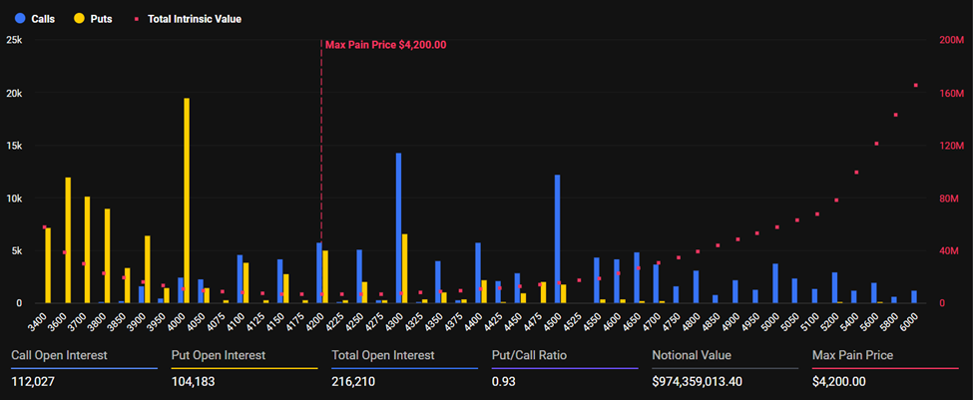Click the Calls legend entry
click(x=35, y=19)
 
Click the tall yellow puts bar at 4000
click(x=187, y=200)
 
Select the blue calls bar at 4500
click(x=557, y=238)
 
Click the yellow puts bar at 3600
click(x=68, y=239)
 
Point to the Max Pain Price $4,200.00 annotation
click(x=385, y=44)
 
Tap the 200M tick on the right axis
click(x=951, y=40)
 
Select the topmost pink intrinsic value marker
click(x=915, y=85)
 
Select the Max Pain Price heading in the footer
click(x=852, y=355)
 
